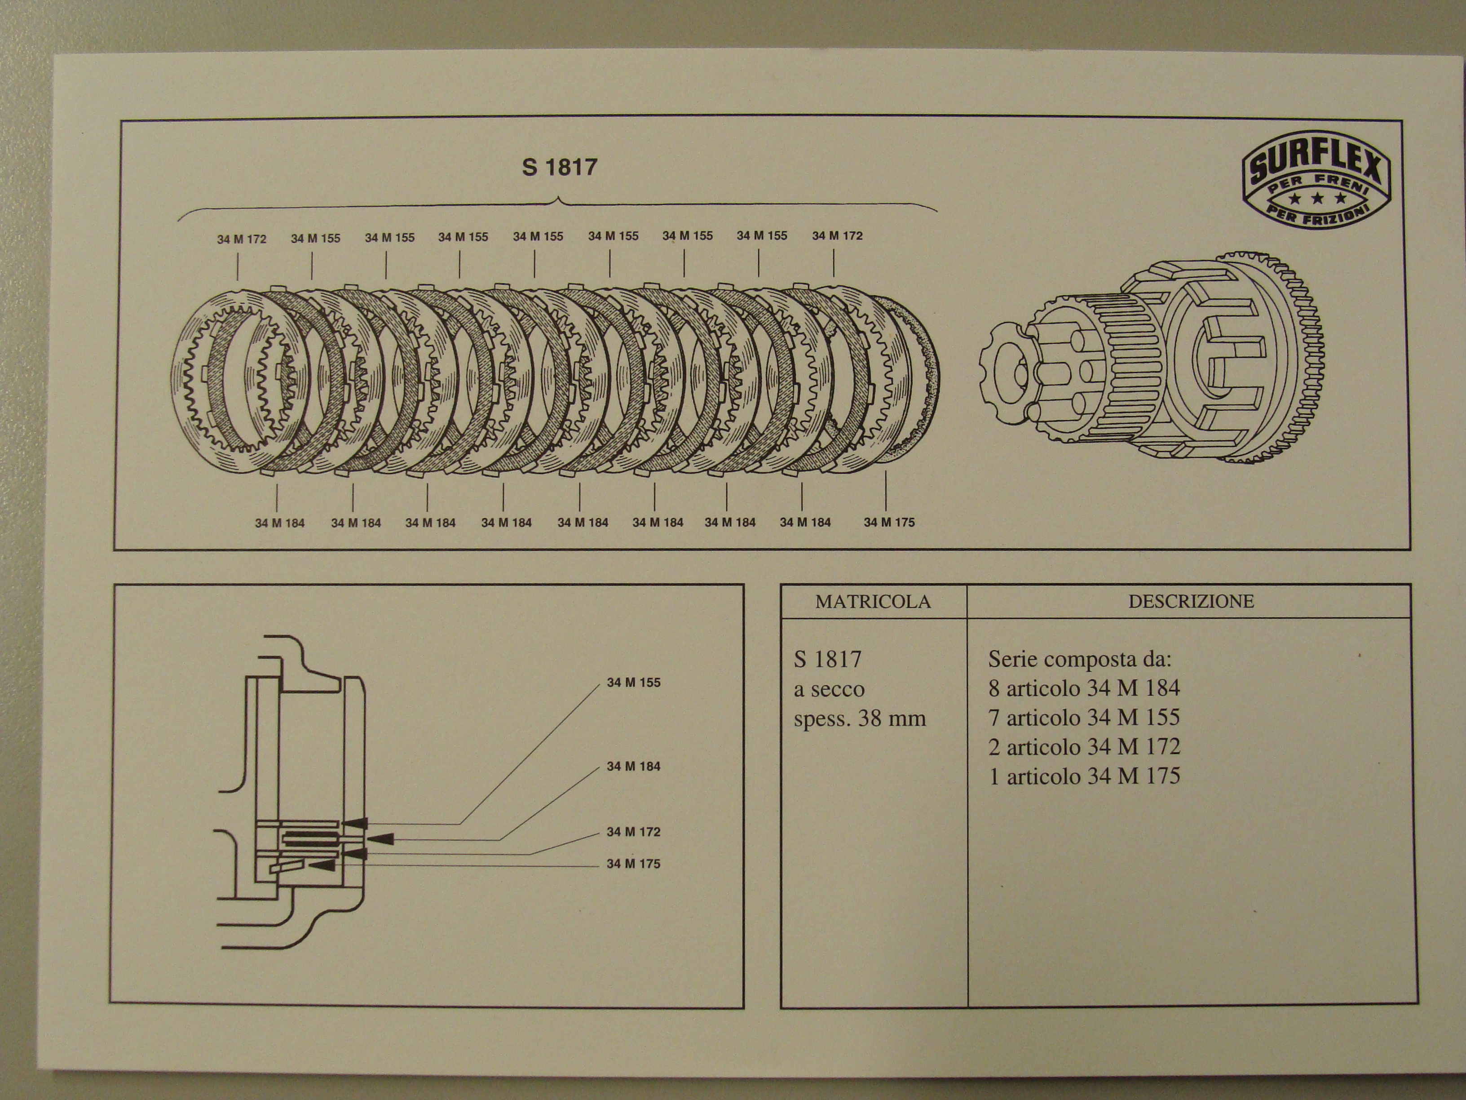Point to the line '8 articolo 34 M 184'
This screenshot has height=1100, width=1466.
(x=1084, y=688)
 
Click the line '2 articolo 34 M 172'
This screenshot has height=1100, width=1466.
(x=1084, y=747)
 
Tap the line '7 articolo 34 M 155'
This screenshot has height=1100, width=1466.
(x=1084, y=718)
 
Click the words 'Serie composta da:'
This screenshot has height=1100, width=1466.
(x=1080, y=659)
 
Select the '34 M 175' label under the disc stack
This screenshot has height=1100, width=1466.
(x=889, y=523)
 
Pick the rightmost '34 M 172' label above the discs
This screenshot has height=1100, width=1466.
(x=837, y=235)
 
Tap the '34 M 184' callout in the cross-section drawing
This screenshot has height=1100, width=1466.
(x=634, y=767)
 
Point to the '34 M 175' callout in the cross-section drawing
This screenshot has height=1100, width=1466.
(x=634, y=864)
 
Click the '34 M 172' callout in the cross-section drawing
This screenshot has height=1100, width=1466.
(x=634, y=832)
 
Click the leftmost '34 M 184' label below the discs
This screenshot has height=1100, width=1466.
(x=280, y=523)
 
